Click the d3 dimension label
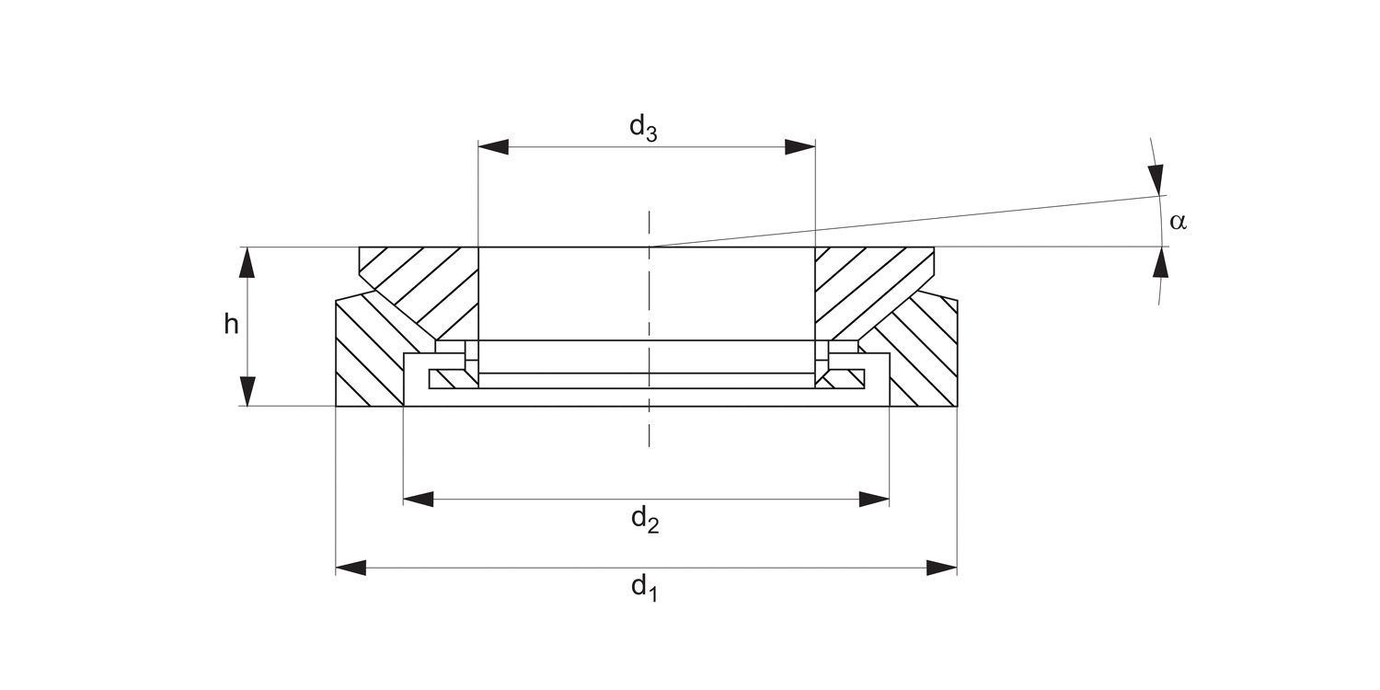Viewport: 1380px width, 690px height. [x=643, y=129]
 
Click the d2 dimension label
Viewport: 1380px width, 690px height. [x=645, y=521]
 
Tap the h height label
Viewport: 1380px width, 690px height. [x=231, y=324]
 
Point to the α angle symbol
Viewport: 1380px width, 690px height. [x=1178, y=222]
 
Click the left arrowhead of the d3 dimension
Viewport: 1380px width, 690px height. [x=493, y=147]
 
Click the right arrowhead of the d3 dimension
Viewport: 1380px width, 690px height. [x=800, y=147]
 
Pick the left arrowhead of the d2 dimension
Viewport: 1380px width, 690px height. [x=419, y=500]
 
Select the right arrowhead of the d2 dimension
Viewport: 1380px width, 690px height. [x=874, y=500]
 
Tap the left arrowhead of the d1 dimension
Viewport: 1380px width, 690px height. [x=351, y=568]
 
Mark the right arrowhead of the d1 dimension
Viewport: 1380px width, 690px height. [x=942, y=568]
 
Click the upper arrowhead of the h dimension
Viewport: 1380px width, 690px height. [x=246, y=262]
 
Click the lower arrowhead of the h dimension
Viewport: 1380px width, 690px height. [x=246, y=390]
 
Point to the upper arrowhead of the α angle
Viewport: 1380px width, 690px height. [x=1156, y=178]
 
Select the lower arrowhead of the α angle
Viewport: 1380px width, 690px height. [x=1161, y=264]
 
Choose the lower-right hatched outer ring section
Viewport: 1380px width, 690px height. [x=925, y=354]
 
